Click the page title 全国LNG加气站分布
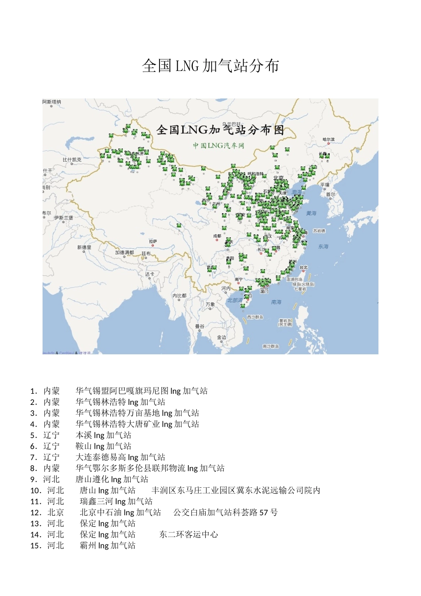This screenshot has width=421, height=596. coord(210,66)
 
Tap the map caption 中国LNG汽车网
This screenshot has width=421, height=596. coord(218,145)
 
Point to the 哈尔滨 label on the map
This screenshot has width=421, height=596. coord(329,140)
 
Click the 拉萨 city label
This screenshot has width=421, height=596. coord(153,242)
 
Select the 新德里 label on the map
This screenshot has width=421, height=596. coord(84,247)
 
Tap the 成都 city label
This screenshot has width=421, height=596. coord(217,236)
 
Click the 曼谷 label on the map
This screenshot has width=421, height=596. coord(200,326)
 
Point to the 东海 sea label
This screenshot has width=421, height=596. coord(323,247)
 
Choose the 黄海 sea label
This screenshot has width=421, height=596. coord(312,213)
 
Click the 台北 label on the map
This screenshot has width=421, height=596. coord(304,268)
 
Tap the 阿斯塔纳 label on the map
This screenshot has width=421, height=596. coord(52,102)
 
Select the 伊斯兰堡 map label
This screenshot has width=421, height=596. coord(63,218)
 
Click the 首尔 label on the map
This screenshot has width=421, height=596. coord(331,195)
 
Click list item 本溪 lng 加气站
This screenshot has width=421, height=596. coord(103,435)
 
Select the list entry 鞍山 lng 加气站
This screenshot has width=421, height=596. coord(103,446)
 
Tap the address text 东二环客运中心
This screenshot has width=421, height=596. coord(189,534)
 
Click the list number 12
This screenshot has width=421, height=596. coord(36,513)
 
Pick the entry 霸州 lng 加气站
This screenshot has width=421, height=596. coord(108,545)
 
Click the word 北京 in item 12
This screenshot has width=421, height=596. coord(56,513)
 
